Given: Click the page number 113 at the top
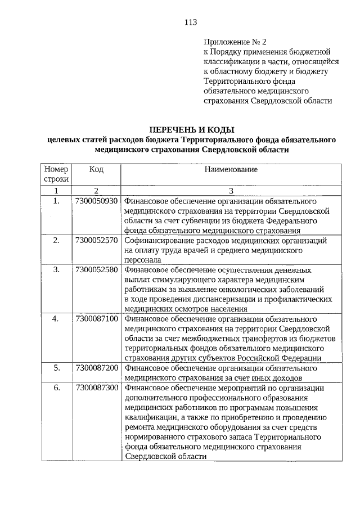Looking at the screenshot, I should [190, 22].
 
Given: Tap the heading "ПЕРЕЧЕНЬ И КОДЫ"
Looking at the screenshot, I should [191, 130].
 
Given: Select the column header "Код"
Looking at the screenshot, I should [96, 169].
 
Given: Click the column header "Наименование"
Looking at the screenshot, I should [231, 169].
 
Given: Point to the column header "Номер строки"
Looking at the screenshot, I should [56, 174].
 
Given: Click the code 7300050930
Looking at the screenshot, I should [96, 201].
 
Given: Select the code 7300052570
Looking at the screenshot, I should [96, 241].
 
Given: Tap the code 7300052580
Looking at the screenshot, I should [96, 270].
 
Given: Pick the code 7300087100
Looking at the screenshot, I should [96, 319].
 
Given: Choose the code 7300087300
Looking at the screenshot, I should [96, 388].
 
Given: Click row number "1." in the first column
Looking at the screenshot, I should [56, 201].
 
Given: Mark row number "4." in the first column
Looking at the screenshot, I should [56, 319].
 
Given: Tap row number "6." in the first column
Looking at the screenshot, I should [56, 388].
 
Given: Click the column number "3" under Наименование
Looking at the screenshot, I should [231, 191].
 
